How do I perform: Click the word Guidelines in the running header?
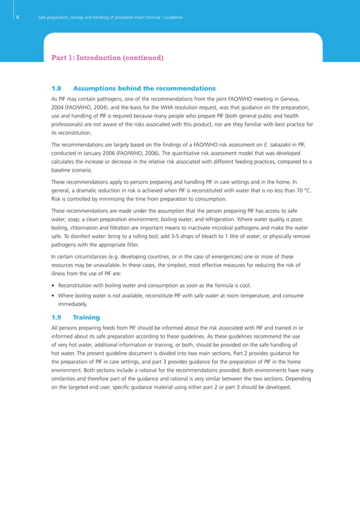click(170, 17)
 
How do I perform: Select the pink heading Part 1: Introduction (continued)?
click(107, 58)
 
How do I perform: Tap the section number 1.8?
click(56, 89)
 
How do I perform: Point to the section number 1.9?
click(56, 317)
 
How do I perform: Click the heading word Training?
click(86, 317)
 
